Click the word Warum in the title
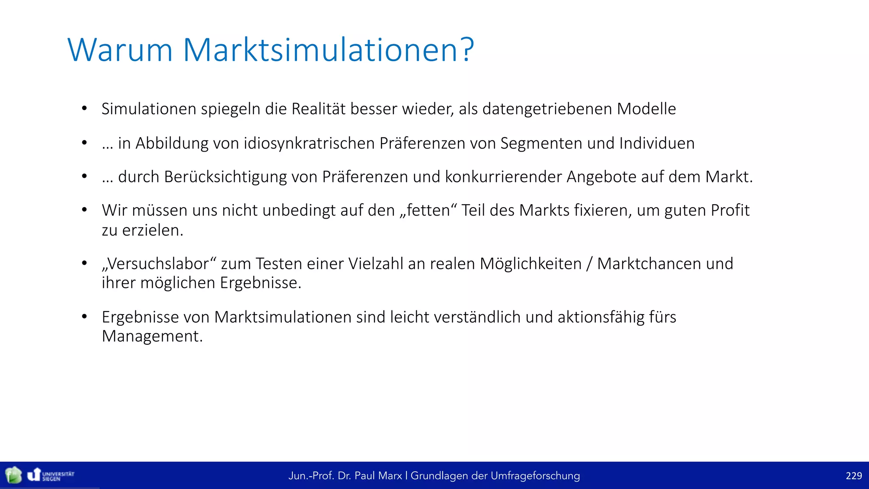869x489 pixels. (120, 50)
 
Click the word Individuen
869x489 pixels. (657, 143)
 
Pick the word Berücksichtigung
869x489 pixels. (225, 177)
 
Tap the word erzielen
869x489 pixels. (152, 230)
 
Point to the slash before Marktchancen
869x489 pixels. (589, 264)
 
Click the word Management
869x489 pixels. (152, 336)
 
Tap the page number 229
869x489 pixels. (853, 476)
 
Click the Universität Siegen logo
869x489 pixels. (50, 475)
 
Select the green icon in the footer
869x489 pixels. (14, 475)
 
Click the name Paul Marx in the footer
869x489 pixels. (378, 476)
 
